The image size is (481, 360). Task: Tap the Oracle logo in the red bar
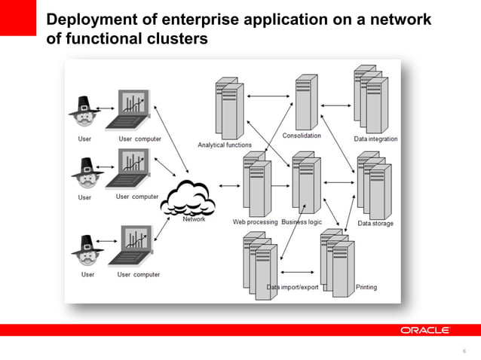(x=424, y=330)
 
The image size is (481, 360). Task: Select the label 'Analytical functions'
(x=225, y=145)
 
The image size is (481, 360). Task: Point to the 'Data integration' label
(x=375, y=139)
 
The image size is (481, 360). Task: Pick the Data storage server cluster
(x=372, y=185)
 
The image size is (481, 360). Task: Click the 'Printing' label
(x=366, y=287)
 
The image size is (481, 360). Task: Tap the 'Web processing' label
(x=255, y=222)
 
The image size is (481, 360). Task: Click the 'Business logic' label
(x=302, y=222)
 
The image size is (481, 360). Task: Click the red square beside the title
(x=17, y=17)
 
